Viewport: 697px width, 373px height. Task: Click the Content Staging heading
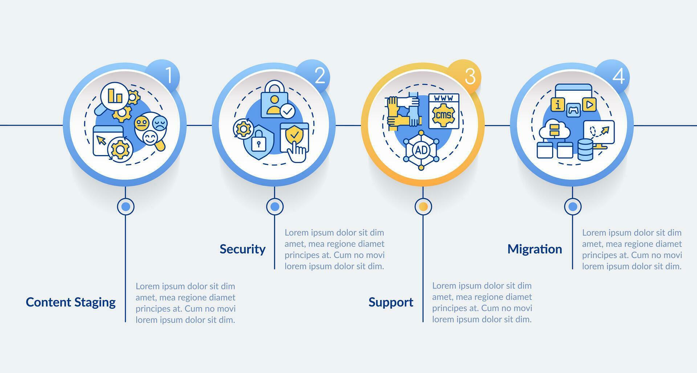click(x=71, y=302)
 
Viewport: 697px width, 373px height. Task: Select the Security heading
click(x=242, y=249)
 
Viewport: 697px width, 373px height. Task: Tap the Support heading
click(x=391, y=302)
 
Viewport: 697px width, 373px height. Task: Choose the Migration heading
click(x=534, y=249)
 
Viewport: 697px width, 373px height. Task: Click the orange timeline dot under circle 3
click(x=423, y=207)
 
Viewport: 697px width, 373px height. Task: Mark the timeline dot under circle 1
click(x=126, y=207)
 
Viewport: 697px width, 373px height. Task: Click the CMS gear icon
click(x=444, y=114)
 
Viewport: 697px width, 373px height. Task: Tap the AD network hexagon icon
click(x=421, y=150)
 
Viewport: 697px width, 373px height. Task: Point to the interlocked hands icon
click(x=403, y=110)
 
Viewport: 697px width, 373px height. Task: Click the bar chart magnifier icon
click(x=114, y=96)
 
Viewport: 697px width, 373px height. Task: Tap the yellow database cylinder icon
click(x=585, y=149)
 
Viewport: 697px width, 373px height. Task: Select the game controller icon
click(x=574, y=109)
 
